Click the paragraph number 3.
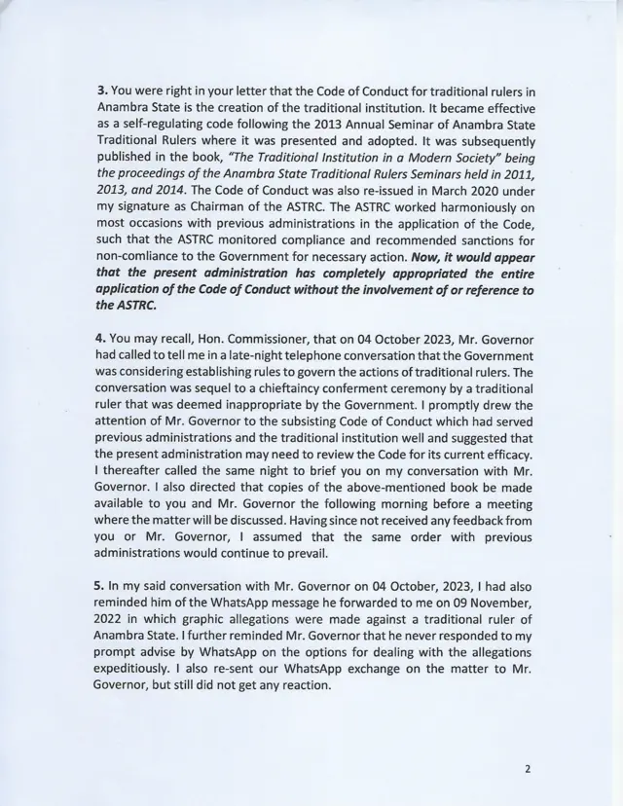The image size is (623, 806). click(100, 91)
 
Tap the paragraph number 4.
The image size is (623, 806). click(100, 336)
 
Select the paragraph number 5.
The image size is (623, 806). click(100, 582)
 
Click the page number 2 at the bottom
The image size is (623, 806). click(527, 768)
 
